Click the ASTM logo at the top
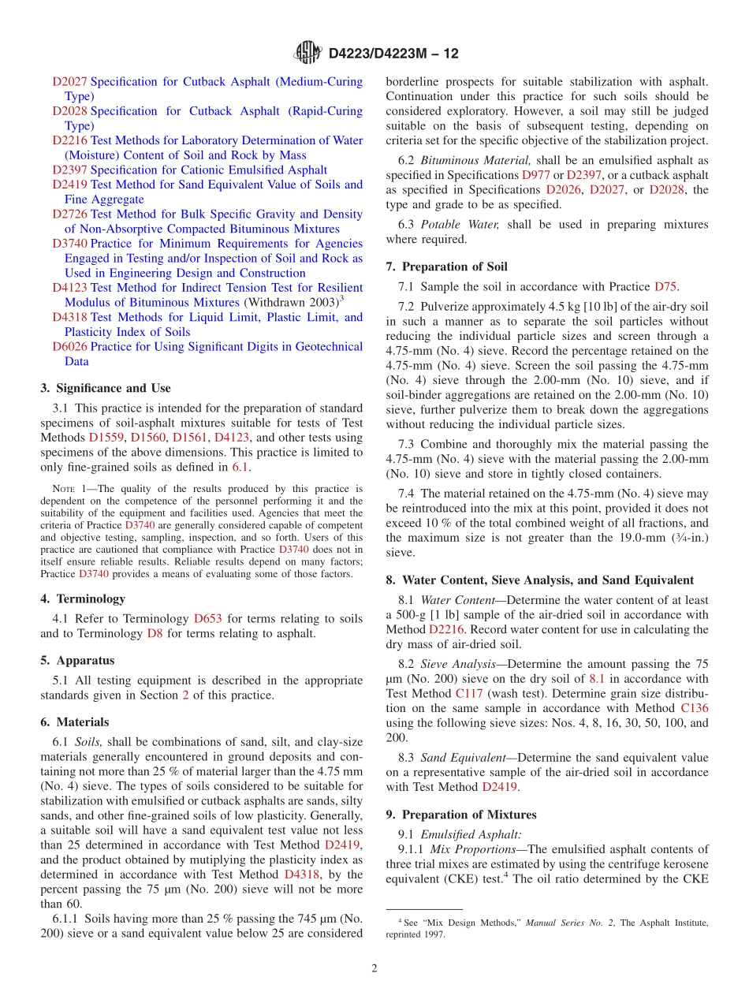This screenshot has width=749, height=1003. click(x=307, y=53)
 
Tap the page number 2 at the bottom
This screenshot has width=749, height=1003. click(x=374, y=968)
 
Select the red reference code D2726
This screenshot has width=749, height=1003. click(x=69, y=214)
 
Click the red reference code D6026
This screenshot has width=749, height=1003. click(x=69, y=347)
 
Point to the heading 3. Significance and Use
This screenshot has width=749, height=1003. click(x=105, y=388)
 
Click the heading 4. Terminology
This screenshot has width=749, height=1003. click(x=82, y=598)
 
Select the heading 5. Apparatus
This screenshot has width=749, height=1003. click(x=77, y=660)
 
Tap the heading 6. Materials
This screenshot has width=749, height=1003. click(x=74, y=721)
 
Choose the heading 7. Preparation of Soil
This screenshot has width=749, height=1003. click(x=446, y=267)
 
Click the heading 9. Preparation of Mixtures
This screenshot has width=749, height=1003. click(x=461, y=815)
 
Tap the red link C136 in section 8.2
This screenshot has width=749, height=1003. click(x=694, y=708)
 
